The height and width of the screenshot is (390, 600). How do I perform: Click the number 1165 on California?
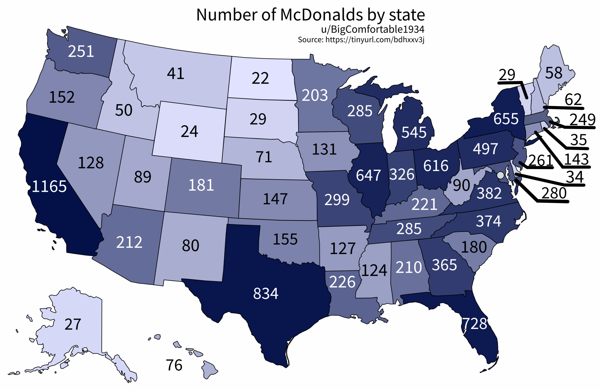tap(49, 187)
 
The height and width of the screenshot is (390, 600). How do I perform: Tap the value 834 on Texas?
tap(266, 293)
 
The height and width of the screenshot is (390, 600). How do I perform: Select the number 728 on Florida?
tap(474, 324)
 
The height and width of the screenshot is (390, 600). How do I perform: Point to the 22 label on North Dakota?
tap(260, 78)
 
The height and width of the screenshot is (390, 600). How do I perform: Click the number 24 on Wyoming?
tap(189, 131)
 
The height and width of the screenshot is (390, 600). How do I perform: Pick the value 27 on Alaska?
tap(73, 324)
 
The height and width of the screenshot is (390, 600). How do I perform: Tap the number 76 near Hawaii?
tap(174, 365)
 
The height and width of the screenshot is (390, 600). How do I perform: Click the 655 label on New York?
tap(506, 119)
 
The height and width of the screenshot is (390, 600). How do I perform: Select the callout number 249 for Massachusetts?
tap(582, 120)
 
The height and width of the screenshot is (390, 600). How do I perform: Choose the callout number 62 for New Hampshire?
tap(573, 99)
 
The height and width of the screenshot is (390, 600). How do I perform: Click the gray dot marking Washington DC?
tap(500, 175)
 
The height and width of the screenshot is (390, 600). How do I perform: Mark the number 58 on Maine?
tap(554, 73)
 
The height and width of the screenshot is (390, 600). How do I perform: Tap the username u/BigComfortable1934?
tap(373, 30)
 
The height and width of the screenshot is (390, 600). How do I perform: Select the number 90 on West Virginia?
tap(461, 185)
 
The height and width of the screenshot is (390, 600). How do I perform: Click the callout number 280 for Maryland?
tap(554, 193)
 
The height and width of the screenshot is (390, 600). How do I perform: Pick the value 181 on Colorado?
tap(201, 185)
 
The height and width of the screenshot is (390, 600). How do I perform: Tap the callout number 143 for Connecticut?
tap(576, 159)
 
